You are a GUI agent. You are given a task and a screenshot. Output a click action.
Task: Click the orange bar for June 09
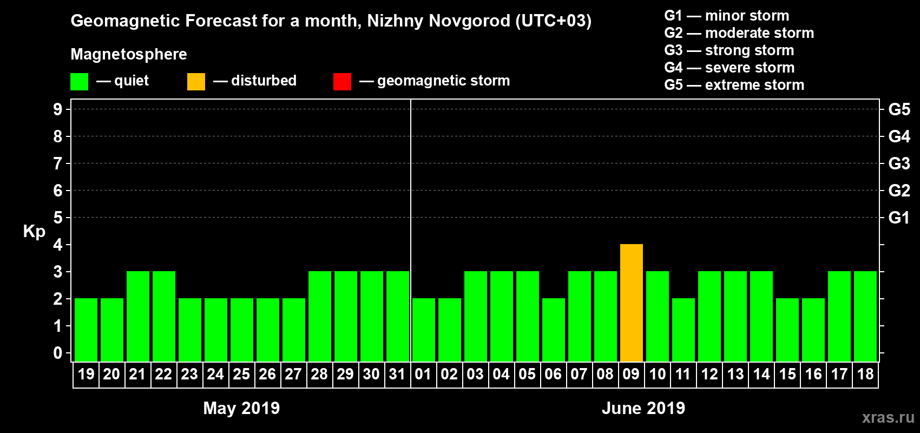(632, 303)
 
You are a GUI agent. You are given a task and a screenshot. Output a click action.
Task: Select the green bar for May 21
(138, 316)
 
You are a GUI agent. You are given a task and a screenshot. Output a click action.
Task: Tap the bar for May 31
(398, 316)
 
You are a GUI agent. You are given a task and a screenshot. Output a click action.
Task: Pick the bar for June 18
(865, 316)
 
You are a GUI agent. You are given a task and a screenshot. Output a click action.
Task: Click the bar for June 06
(554, 330)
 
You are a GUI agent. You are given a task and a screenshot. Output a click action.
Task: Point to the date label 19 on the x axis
(86, 374)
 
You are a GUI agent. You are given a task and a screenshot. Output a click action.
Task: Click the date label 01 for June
(423, 374)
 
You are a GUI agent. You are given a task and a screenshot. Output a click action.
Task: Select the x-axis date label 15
(787, 374)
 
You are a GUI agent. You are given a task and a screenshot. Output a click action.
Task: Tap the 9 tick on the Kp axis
(58, 109)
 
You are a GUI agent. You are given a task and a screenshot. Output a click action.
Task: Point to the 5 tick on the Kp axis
(58, 218)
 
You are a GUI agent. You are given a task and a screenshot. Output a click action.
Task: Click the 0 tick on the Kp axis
(58, 353)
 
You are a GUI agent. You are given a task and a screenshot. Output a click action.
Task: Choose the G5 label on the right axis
(899, 109)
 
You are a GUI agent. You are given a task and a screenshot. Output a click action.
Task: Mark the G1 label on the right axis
(899, 218)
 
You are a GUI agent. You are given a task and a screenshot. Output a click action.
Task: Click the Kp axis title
(34, 232)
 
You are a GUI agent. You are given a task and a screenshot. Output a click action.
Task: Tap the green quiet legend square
(80, 82)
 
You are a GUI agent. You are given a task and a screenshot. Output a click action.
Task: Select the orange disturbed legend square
(196, 82)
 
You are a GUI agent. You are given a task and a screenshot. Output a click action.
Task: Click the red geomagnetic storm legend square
(342, 82)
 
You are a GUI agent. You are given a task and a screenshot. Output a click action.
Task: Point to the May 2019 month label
(241, 408)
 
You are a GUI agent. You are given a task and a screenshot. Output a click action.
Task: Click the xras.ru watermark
(888, 417)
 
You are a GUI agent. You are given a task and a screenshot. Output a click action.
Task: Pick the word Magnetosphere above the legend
(129, 54)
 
